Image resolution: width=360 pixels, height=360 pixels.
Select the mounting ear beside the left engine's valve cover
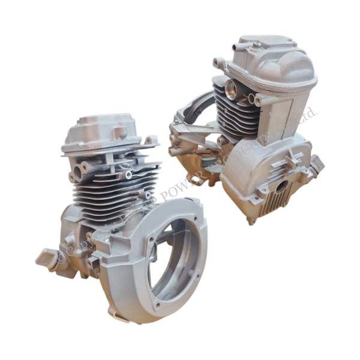(152, 142)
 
